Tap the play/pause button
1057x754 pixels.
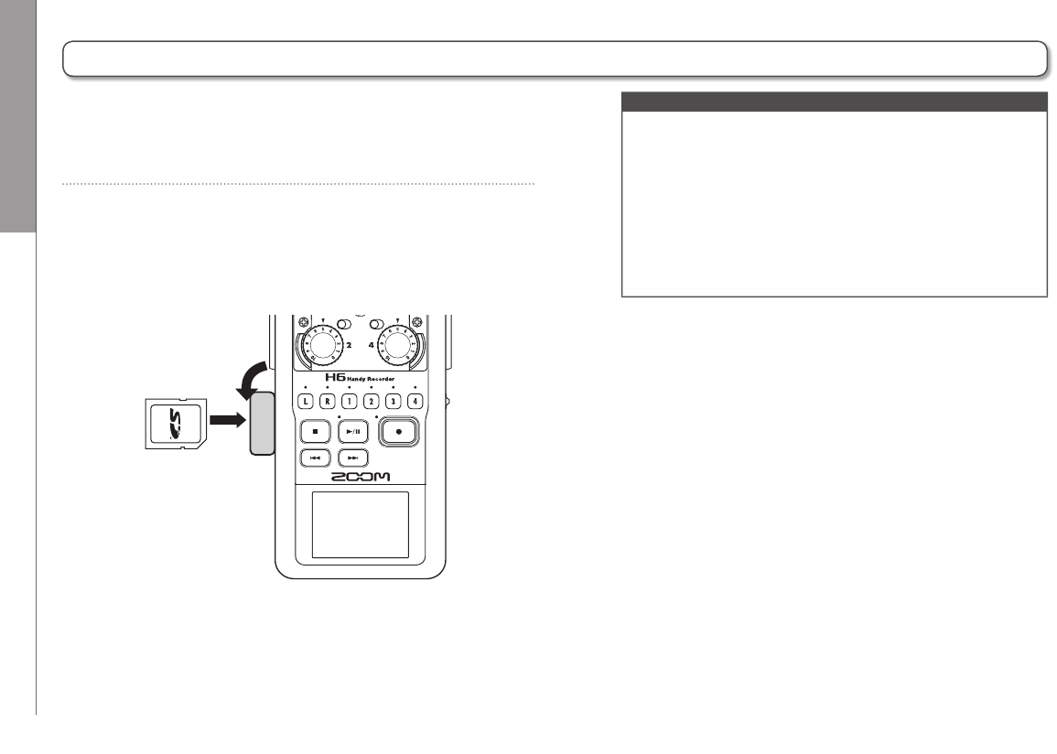pyautogui.click(x=352, y=429)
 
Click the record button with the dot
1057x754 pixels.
pyautogui.click(x=399, y=431)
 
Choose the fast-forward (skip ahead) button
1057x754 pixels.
pyautogui.click(x=352, y=457)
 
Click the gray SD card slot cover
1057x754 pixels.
pyautogui.click(x=262, y=423)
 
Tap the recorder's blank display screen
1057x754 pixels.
pyautogui.click(x=361, y=524)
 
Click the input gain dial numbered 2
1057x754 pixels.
pyautogui.click(x=316, y=347)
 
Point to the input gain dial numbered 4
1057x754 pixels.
pyautogui.click(x=398, y=347)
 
